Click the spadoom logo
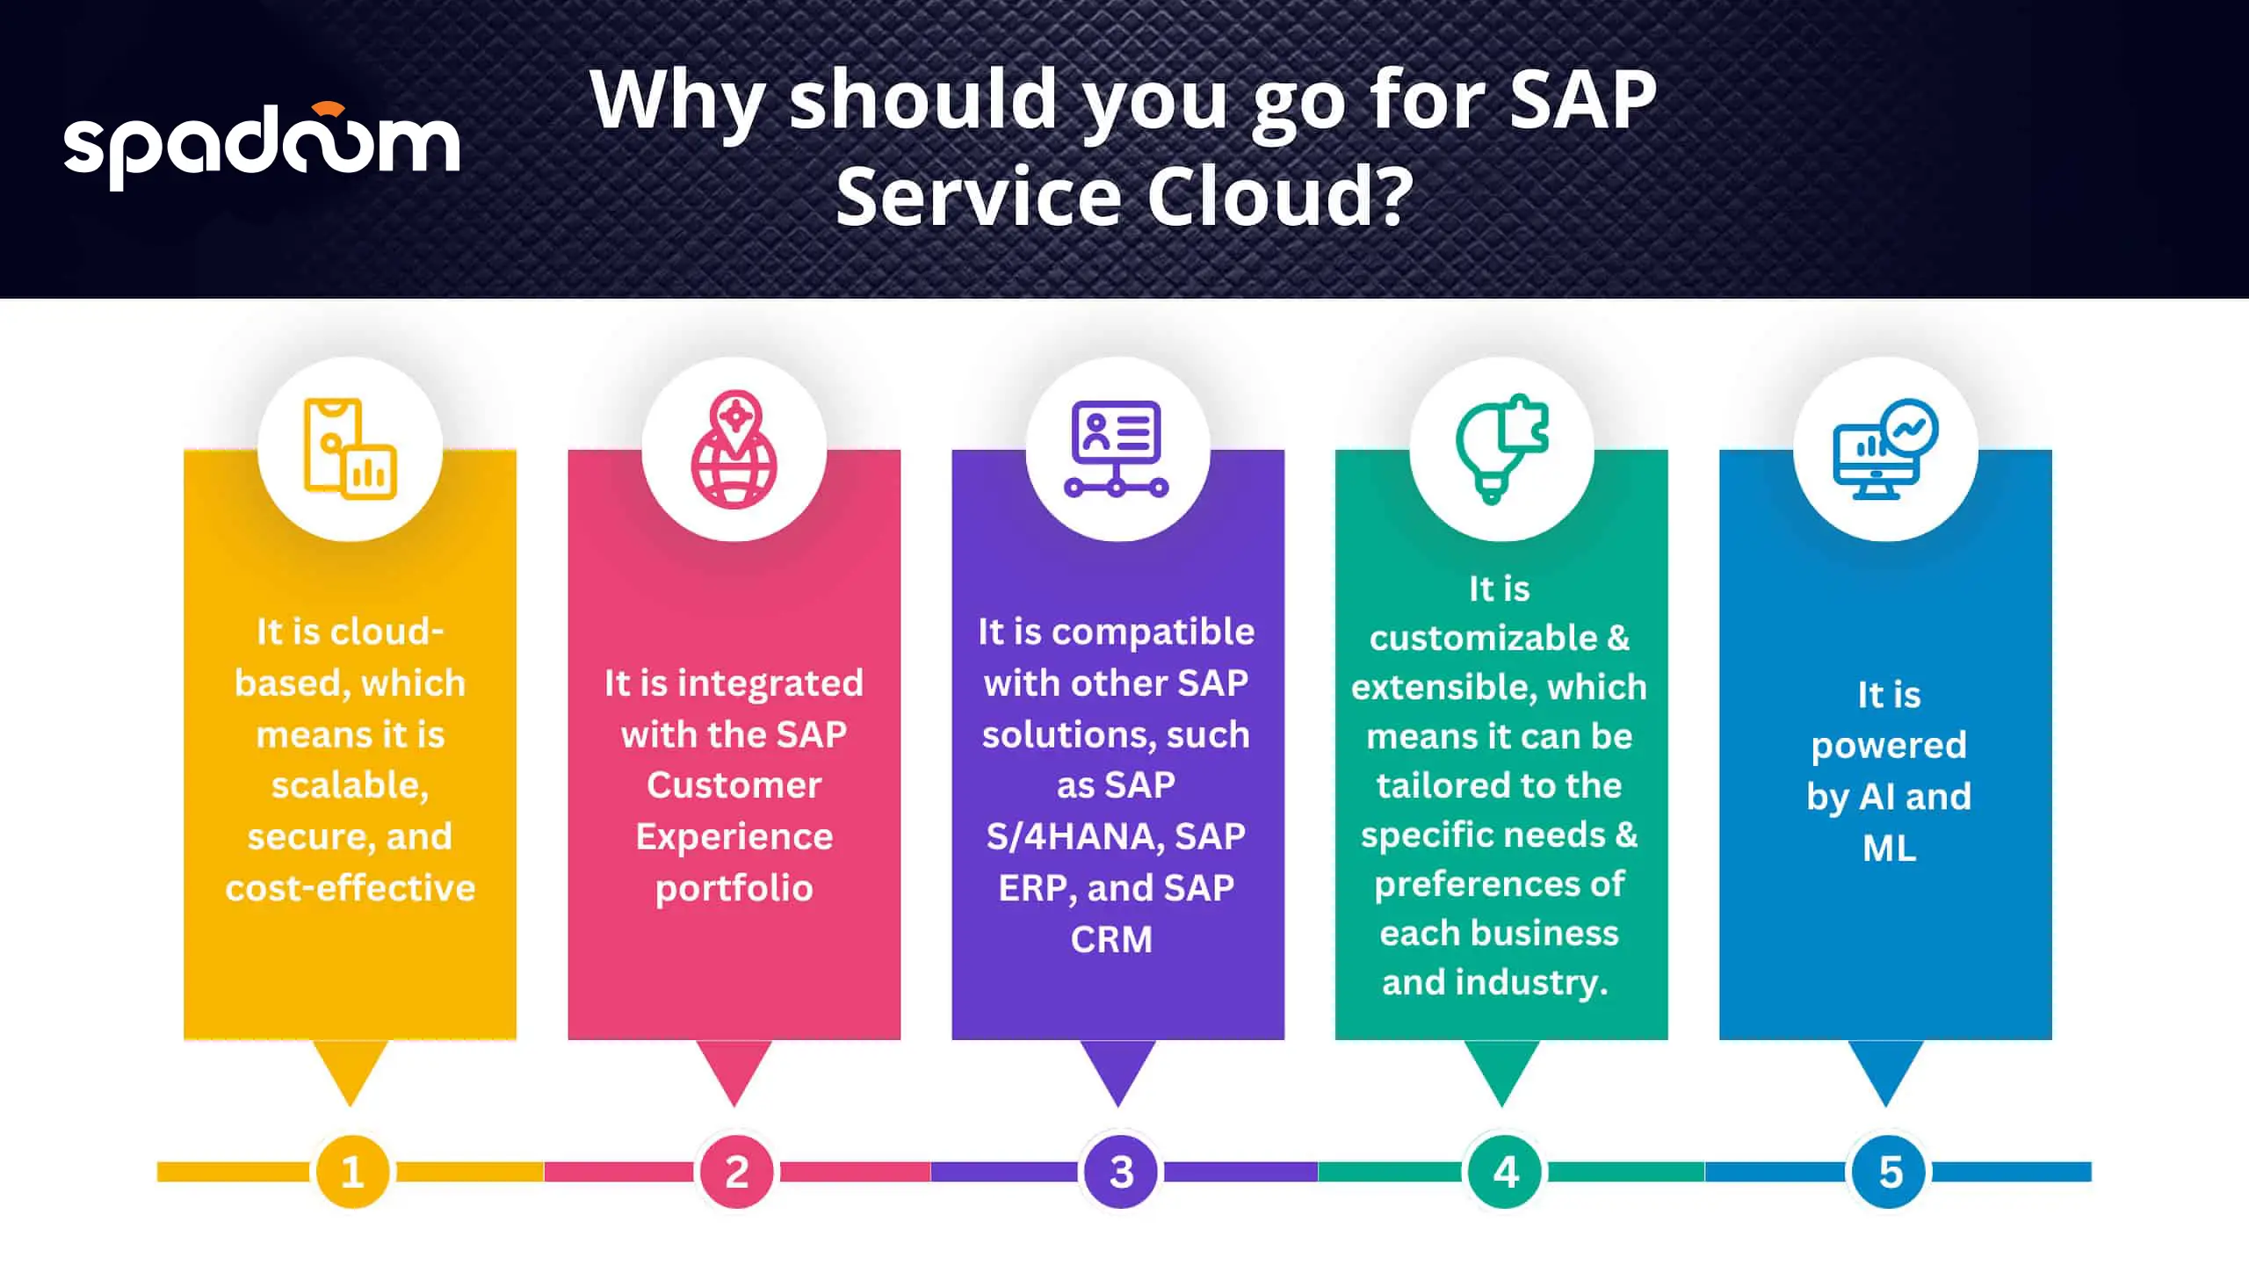(262, 146)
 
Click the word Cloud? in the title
(1280, 196)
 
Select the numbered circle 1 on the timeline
(352, 1172)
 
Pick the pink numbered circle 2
(736, 1172)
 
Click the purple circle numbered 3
(1120, 1172)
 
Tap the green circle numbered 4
(1504, 1172)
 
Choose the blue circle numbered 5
(1889, 1172)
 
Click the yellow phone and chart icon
(350, 449)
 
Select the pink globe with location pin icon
(734, 449)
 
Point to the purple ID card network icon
(1117, 449)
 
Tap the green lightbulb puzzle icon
(1501, 449)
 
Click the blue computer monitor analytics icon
(1885, 449)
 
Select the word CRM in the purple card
(1111, 940)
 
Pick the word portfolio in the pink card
(734, 889)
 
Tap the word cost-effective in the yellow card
(351, 888)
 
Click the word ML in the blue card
(1890, 849)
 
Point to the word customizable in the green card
(1483, 639)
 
